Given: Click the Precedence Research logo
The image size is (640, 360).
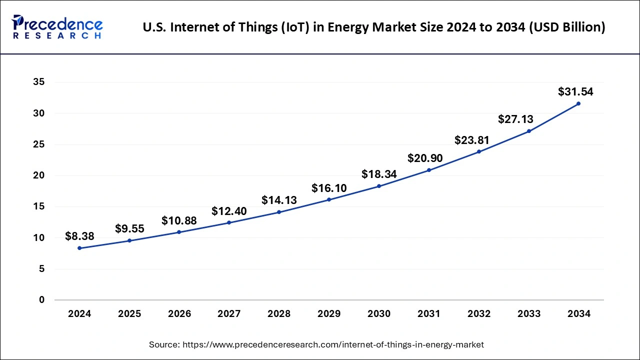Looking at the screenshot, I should pos(57,27).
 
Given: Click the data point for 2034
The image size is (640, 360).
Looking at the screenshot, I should pos(578,103).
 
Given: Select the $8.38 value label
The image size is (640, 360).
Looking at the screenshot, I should pos(79,236).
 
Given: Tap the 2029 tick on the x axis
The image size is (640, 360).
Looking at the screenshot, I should pos(329,314).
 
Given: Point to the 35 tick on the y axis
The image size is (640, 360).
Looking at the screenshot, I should pos(38,82).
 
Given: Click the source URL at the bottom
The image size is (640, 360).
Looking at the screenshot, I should pos(333,344).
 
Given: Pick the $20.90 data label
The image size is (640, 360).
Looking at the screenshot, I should pos(425,158).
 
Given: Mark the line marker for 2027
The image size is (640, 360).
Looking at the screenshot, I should pos(229,222).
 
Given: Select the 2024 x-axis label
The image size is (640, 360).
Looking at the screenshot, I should pos(79,314).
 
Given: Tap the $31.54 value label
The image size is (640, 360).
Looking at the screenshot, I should pos(575,92).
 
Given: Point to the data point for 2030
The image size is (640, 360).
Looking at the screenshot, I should pos(379,186).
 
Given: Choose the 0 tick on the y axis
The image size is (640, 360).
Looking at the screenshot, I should pos(41,300).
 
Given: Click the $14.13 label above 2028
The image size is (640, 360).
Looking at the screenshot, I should pos(279,200).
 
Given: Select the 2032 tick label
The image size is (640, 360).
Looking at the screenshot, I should pos(479,314).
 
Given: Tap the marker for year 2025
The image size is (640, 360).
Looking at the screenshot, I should pos(129,240).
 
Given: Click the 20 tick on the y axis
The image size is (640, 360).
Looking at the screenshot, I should pos(38,175).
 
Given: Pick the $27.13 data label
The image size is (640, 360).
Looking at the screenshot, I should pos(515,119).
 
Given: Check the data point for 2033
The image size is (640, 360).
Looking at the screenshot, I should pos(528,131).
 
